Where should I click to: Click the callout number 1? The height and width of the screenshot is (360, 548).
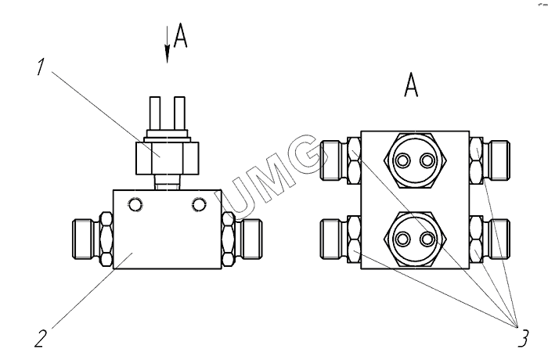[x=41, y=67]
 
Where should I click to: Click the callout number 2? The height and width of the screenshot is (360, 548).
[x=41, y=338]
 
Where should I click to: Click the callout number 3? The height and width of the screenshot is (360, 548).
[x=523, y=338]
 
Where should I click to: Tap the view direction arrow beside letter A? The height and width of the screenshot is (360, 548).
[x=168, y=45]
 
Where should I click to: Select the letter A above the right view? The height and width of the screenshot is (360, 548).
[x=411, y=85]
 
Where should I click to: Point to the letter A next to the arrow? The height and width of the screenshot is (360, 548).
[x=181, y=35]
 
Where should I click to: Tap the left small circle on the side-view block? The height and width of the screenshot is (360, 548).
[x=135, y=204]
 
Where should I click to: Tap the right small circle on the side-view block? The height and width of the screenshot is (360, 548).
[x=199, y=204]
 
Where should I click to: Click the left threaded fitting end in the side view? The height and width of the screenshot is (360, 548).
[x=83, y=239]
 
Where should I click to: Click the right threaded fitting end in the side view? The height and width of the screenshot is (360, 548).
[x=251, y=239]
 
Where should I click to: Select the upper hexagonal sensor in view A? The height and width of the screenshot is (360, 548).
[x=415, y=160]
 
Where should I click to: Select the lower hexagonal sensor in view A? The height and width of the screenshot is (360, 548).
[x=415, y=239]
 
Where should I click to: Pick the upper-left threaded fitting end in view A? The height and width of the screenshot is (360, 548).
[x=330, y=160]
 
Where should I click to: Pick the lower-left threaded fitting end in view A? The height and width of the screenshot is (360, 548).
[x=330, y=239]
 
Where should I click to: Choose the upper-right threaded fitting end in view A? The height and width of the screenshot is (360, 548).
[x=499, y=160]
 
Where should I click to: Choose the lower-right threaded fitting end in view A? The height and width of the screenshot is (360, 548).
[x=499, y=239]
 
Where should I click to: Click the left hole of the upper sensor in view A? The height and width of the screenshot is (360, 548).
[x=403, y=160]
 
